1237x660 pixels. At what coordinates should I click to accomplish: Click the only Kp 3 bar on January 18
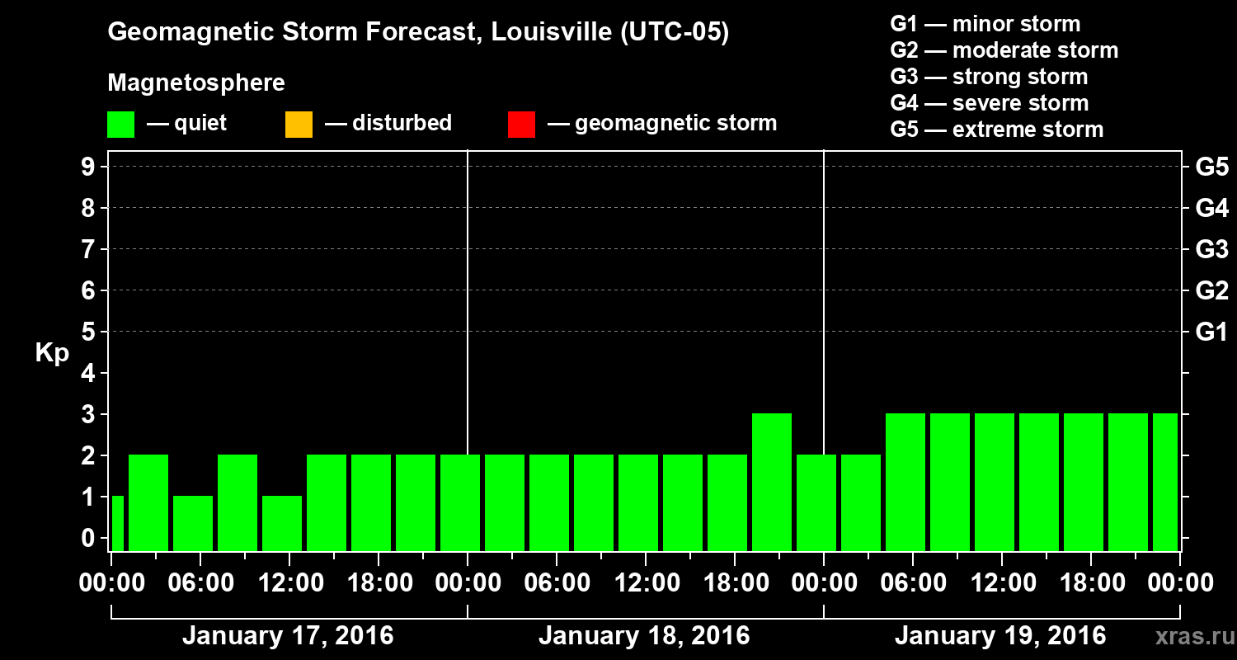pos(772,482)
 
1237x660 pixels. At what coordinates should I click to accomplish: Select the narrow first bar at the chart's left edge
pos(117,523)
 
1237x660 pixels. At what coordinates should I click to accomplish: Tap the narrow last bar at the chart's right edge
pos(1164,482)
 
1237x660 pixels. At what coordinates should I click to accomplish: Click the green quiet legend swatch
pos(120,125)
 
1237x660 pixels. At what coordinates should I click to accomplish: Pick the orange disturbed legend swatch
pos(299,125)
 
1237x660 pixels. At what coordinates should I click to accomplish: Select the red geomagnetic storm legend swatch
pos(521,125)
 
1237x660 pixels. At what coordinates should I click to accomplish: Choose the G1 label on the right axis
pos(1211,332)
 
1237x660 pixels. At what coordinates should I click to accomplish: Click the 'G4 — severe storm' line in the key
pos(990,103)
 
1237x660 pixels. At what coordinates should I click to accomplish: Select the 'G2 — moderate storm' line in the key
pos(1004,50)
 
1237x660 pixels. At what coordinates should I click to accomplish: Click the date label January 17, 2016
pos(288,636)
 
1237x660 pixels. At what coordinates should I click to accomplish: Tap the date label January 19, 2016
pos(1000,636)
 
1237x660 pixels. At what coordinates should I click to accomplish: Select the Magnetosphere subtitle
pos(196,83)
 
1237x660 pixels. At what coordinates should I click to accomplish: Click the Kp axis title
pos(52,353)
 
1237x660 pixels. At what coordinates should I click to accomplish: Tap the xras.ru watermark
pos(1189,636)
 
